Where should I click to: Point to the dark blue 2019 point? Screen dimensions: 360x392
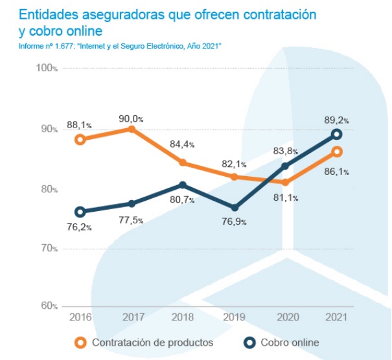point(235,207)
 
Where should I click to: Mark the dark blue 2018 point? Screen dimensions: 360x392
point(183,185)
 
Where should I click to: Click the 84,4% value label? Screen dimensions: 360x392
point(183,144)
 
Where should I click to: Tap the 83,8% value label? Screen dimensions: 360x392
point(285,151)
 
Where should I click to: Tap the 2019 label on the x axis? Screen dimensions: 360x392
point(235,317)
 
